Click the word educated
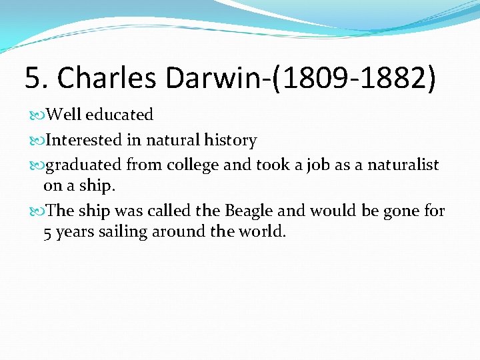[x=119, y=115]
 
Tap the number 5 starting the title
[x=32, y=78]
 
